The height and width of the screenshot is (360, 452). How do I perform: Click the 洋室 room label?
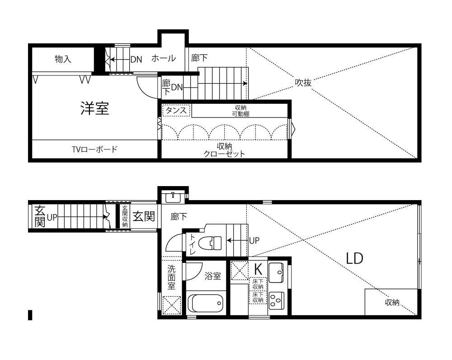(94, 108)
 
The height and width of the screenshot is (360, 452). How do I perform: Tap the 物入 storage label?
(63, 59)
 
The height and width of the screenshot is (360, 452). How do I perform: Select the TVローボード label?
(94, 149)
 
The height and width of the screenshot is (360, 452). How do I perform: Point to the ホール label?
(164, 58)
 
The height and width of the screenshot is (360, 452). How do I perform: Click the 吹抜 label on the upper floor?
(303, 83)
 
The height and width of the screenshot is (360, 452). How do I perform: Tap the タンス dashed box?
(176, 111)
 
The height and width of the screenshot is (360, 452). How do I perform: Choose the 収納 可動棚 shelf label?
(241, 111)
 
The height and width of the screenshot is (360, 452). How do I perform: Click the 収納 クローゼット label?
(224, 150)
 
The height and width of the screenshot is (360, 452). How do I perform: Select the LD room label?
(354, 258)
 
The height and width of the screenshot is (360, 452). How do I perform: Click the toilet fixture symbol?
(211, 243)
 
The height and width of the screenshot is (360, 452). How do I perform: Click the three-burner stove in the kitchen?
(276, 301)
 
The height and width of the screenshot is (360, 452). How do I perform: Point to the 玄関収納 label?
(125, 216)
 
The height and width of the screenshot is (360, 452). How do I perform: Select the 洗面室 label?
(171, 277)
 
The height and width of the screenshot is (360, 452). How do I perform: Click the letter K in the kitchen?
(258, 269)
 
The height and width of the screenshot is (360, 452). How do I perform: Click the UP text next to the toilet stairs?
(254, 240)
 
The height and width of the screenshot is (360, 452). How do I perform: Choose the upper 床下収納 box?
(258, 284)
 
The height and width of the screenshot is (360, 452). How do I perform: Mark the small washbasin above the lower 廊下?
(173, 197)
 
